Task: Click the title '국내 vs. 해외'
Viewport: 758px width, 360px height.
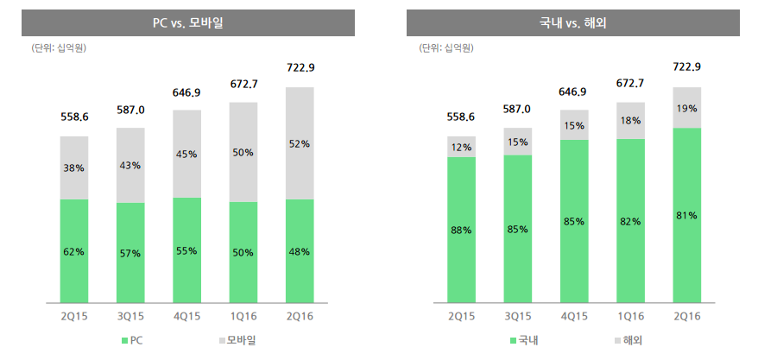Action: (x=574, y=23)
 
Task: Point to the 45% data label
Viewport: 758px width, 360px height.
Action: (x=187, y=154)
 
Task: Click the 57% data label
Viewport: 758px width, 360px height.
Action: (x=130, y=252)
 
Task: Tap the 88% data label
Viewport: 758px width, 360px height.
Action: (x=461, y=230)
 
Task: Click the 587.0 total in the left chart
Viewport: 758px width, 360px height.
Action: (x=130, y=110)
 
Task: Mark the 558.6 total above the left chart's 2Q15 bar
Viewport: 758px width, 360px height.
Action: (x=73, y=117)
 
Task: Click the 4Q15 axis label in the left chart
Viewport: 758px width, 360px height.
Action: (x=187, y=316)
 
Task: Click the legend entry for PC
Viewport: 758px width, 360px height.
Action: (x=131, y=341)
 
